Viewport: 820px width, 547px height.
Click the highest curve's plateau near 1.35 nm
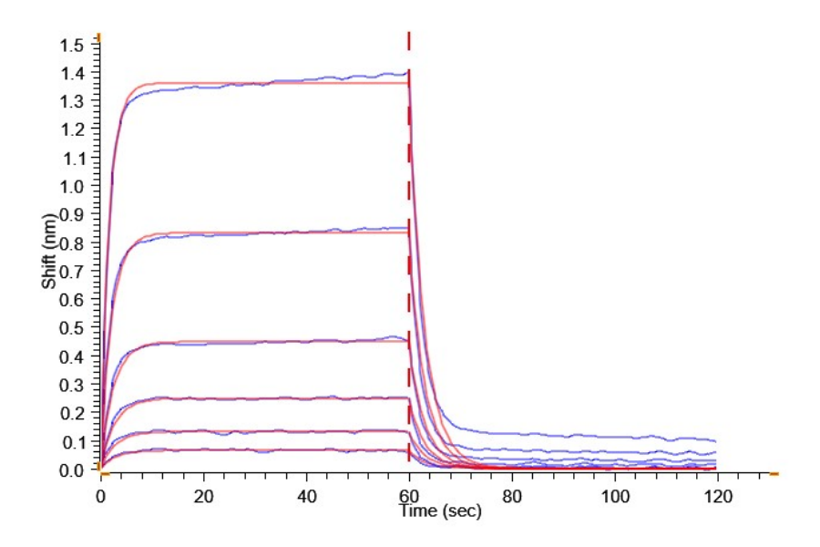(273, 83)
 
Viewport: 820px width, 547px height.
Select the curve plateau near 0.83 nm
(273, 232)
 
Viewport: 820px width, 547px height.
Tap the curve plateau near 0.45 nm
(273, 341)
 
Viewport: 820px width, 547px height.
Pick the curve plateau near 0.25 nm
(273, 397)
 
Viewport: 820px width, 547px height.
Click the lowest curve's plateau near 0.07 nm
(273, 450)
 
